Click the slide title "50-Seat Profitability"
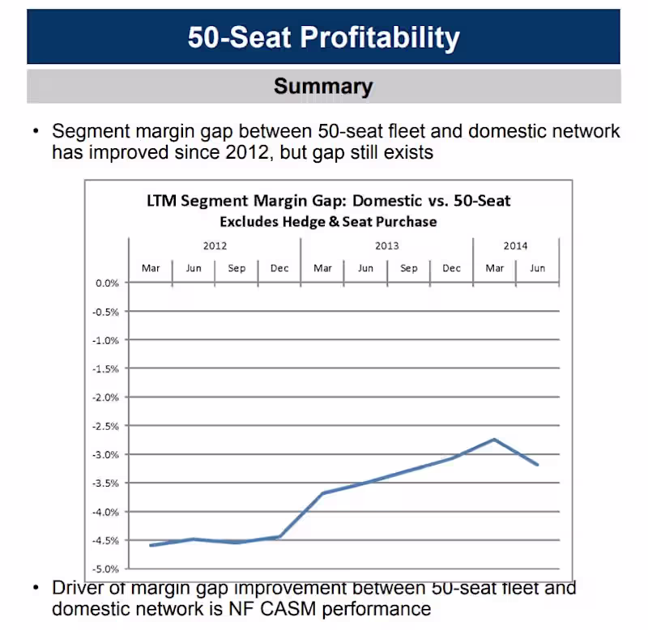323,37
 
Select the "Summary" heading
323,87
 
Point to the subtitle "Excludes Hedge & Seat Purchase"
328,221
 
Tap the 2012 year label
215,246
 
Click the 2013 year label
386,246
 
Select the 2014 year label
515,246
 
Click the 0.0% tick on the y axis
107,283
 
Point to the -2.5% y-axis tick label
105,426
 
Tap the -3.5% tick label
105,483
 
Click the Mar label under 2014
494,268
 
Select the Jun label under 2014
537,268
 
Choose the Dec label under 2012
279,268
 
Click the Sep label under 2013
408,268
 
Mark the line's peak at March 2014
494,440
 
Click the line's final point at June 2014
537,464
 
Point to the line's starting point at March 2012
151,545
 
